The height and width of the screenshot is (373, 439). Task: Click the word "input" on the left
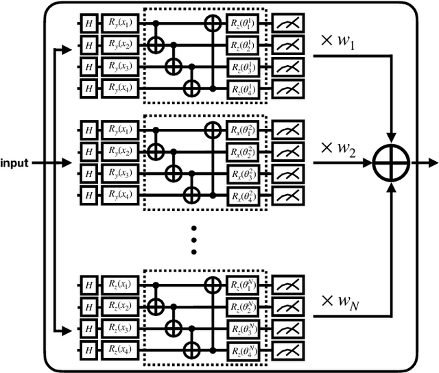pyautogui.click(x=14, y=164)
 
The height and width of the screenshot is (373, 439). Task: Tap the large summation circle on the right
pyautogui.click(x=391, y=163)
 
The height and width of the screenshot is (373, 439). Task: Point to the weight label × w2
pyautogui.click(x=340, y=149)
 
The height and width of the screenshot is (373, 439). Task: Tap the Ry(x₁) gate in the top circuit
pyautogui.click(x=120, y=23)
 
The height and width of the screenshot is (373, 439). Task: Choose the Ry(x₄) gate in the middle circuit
pyautogui.click(x=120, y=196)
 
